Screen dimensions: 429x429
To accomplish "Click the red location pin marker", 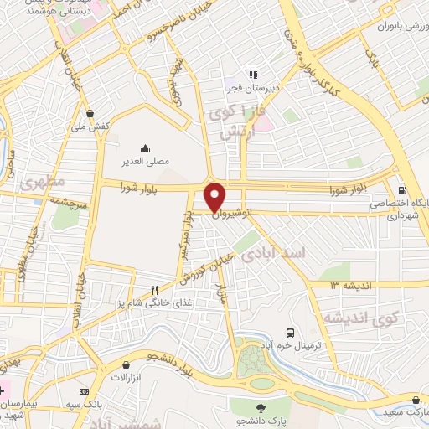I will pyautogui.click(x=216, y=196).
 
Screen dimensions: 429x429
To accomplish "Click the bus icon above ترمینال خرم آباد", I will pyautogui.click(x=291, y=333).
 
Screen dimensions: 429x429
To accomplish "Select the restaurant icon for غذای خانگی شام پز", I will pyautogui.click(x=154, y=289).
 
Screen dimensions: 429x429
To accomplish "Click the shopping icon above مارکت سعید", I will pyautogui.click(x=416, y=399).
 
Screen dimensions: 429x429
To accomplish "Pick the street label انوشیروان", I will pyautogui.click(x=230, y=214).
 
